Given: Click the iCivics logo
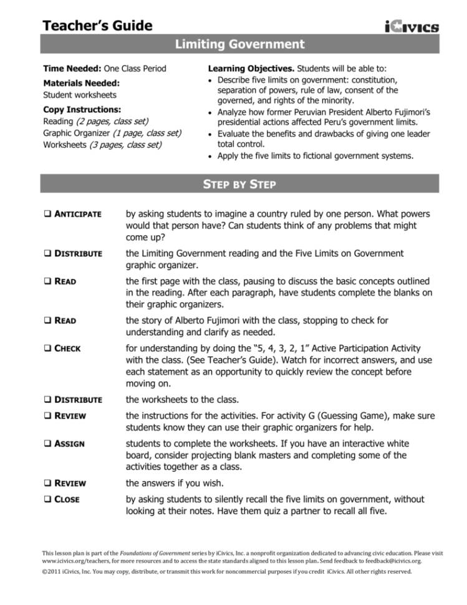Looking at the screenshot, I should click(412, 27).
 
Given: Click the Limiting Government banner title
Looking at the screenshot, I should click(240, 44).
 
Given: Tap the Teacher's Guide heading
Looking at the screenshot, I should click(98, 26).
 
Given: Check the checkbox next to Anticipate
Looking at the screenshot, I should click(47, 214).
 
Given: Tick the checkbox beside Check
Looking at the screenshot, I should click(47, 348).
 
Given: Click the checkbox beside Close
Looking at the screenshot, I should click(47, 500).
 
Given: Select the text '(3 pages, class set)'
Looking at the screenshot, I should click(125, 145).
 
